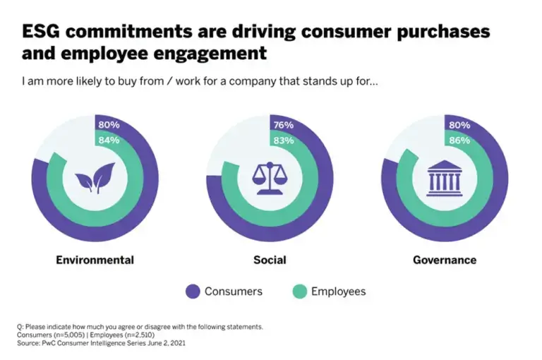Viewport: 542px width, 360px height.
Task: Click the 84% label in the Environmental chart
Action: (x=109, y=140)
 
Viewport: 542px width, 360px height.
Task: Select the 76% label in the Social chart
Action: (x=284, y=126)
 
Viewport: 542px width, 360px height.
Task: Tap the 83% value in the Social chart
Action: (x=284, y=140)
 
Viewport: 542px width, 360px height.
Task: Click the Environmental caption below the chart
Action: (x=95, y=260)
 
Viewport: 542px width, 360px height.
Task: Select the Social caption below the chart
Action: (x=270, y=260)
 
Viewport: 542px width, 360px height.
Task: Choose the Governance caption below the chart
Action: (x=445, y=260)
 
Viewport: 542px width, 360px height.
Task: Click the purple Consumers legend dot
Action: (x=192, y=291)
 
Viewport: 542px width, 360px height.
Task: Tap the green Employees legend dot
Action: (x=299, y=291)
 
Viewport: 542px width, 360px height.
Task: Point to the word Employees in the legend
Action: (x=338, y=291)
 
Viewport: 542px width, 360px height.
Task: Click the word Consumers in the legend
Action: (x=234, y=291)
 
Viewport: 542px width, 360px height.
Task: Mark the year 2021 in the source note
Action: (x=179, y=343)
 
